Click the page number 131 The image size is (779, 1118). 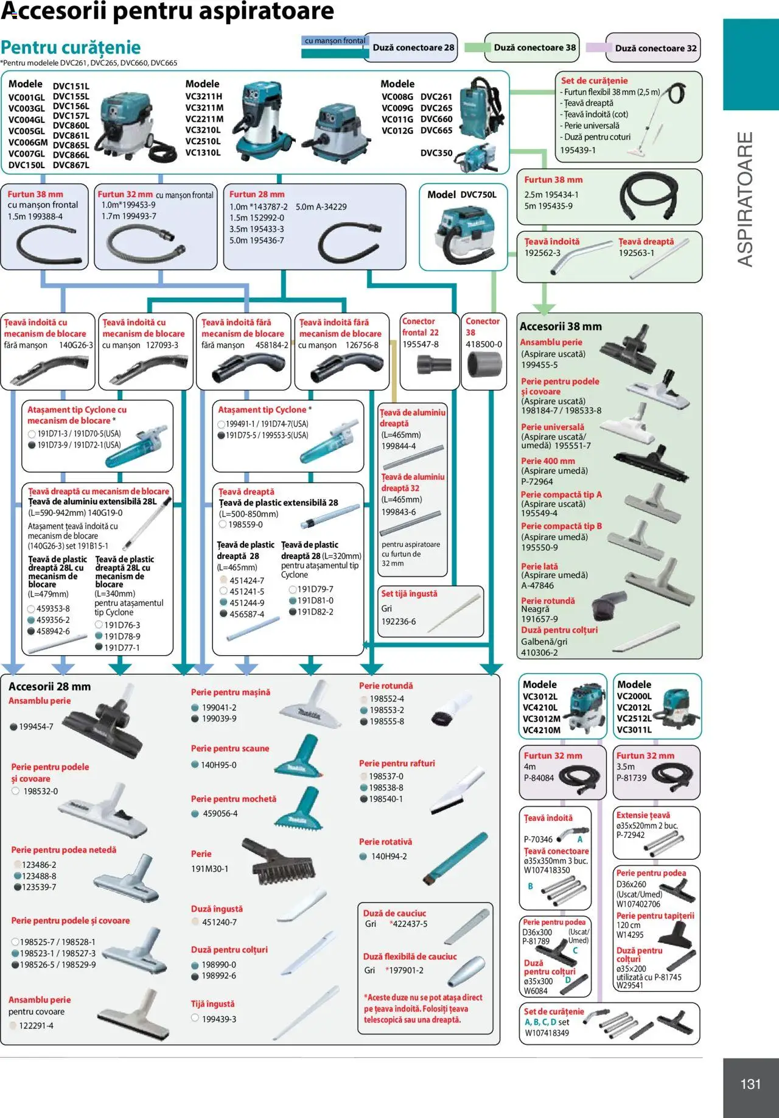click(x=750, y=1084)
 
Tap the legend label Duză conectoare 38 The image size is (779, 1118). click(x=534, y=47)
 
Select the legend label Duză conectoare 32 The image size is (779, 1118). click(x=655, y=48)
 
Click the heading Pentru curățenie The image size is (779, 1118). click(x=71, y=47)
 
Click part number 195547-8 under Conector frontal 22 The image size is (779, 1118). click(x=420, y=344)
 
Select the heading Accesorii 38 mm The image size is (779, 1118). click(x=561, y=326)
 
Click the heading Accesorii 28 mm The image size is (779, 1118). click(x=49, y=686)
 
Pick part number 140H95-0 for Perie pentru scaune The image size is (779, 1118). click(x=218, y=765)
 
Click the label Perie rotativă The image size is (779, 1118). click(x=385, y=842)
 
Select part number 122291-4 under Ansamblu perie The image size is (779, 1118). click(x=36, y=1025)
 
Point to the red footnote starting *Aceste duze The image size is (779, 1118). click(x=423, y=1008)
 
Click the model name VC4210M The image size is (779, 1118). click(x=541, y=730)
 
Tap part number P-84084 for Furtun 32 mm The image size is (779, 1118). click(x=539, y=778)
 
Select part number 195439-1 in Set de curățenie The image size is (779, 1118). click(x=578, y=150)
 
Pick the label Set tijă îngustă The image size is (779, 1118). click(x=409, y=593)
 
